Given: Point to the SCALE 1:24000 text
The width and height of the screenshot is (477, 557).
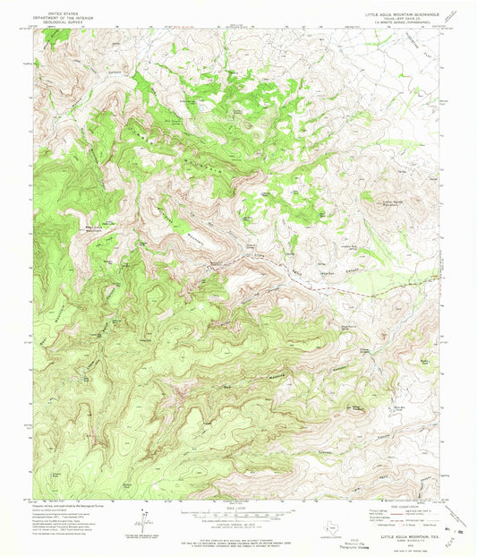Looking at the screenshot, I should (x=237, y=507).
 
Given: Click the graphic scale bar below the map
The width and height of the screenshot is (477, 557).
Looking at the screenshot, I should (x=237, y=514).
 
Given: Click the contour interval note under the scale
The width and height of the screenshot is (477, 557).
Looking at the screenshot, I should (x=237, y=524).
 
